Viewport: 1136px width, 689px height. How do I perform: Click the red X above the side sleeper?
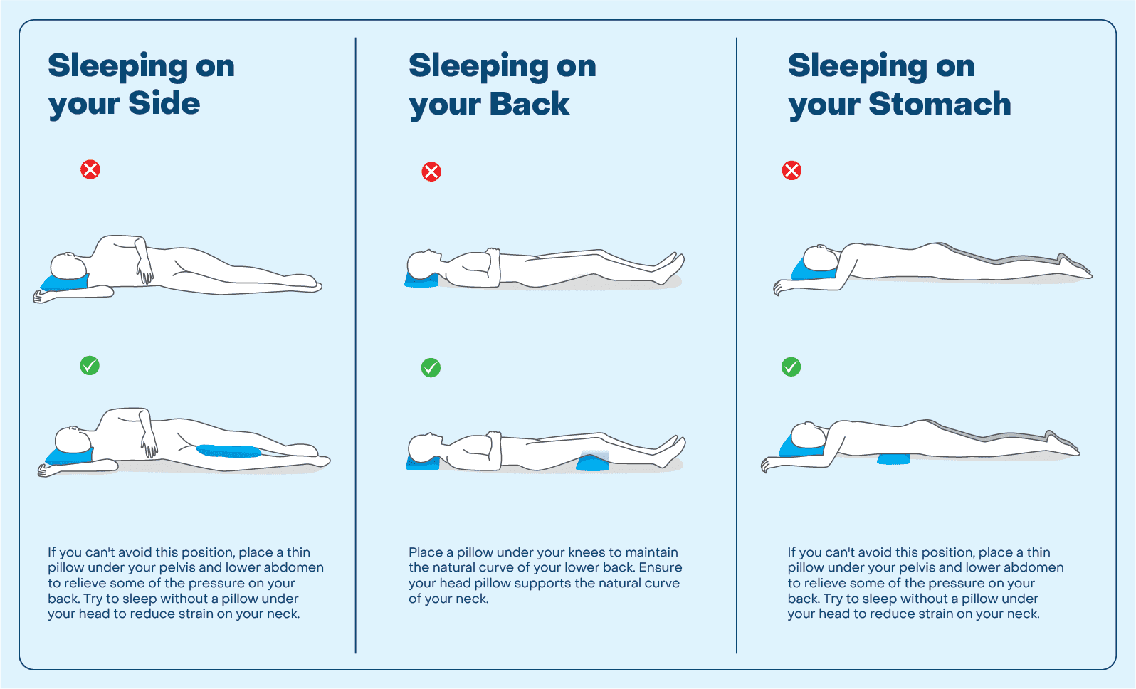pos(90,169)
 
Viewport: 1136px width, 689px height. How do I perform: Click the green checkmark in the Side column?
pos(90,366)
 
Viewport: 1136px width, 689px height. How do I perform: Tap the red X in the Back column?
pos(431,172)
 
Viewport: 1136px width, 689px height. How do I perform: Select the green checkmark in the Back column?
pos(431,368)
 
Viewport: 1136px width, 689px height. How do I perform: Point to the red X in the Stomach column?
pos(791,170)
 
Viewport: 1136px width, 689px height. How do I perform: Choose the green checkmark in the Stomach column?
pos(791,367)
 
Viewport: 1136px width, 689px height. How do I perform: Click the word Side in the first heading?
pos(164,104)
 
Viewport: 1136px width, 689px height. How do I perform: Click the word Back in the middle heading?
pos(530,105)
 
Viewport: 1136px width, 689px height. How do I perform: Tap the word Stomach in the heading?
pos(940,105)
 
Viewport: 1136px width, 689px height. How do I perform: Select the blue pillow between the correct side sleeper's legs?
pos(228,451)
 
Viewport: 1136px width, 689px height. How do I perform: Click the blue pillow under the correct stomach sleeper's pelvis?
pos(894,459)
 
